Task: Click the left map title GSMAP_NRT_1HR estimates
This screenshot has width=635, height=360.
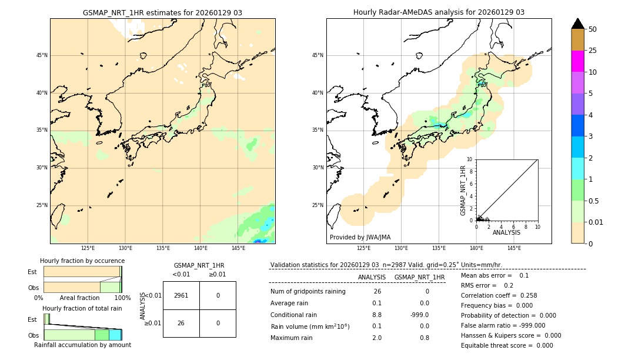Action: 162,12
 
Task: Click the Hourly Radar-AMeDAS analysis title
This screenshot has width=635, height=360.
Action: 439,12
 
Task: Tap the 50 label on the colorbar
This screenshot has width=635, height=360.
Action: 593,29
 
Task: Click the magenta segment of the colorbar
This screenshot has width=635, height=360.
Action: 577,61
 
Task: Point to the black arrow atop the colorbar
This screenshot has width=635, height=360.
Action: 577,24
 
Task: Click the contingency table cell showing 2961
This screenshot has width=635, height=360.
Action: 181,295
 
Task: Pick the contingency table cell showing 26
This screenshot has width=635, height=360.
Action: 181,323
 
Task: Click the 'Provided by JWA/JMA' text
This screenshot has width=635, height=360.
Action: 360,237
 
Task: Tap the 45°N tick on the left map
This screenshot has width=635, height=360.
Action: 42,55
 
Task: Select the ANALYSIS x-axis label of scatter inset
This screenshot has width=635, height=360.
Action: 506,232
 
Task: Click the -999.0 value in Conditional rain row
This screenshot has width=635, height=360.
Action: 420,315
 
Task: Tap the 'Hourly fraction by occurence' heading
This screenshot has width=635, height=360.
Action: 82,261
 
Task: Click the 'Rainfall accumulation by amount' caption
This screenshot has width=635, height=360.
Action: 82,345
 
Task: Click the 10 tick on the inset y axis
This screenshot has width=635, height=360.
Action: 470,159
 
